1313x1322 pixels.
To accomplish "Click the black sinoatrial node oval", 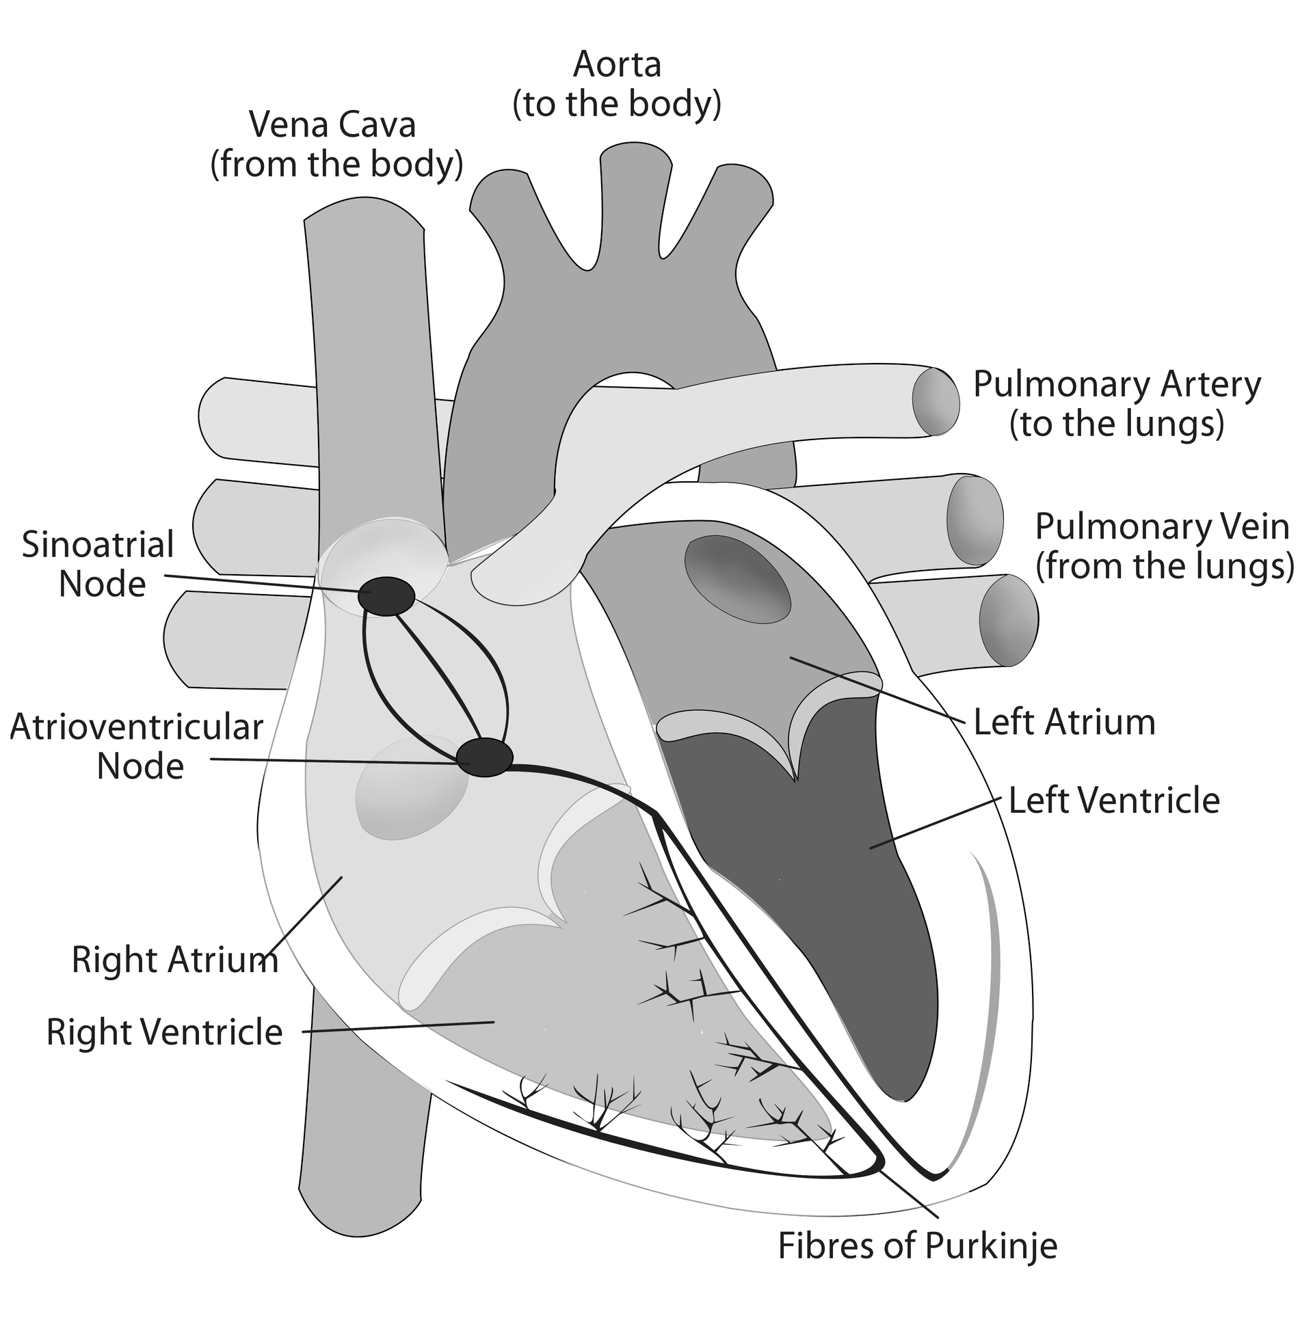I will (386, 595).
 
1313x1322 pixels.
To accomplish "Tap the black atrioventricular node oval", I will (485, 757).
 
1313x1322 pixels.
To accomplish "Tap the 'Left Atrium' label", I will (1065, 723).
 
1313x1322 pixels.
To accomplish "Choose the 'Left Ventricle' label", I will (1114, 800).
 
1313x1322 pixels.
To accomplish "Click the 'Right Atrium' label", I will (174, 959).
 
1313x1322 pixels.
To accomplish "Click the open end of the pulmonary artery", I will (936, 402).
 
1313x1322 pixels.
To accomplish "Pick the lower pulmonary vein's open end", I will (1008, 620).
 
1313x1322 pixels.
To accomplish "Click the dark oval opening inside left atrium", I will (738, 580).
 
